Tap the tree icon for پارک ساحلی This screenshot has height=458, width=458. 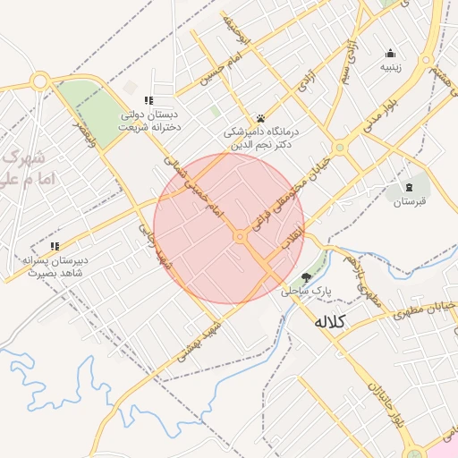(x=308, y=277)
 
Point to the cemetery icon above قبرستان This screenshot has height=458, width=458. (x=410, y=186)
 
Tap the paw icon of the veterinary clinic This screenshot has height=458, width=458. (x=260, y=118)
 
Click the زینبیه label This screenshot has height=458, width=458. (x=391, y=66)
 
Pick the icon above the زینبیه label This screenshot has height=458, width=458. (x=390, y=52)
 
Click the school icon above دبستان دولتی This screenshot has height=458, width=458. (x=149, y=100)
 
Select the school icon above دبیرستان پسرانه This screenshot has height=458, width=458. (x=55, y=245)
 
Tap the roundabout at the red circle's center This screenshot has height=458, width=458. (x=240, y=236)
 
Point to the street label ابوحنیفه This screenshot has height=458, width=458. (x=235, y=30)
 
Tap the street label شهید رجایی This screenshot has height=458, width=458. (x=151, y=246)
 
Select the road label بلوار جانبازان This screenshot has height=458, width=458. (x=382, y=412)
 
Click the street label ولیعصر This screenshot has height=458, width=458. (x=85, y=131)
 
